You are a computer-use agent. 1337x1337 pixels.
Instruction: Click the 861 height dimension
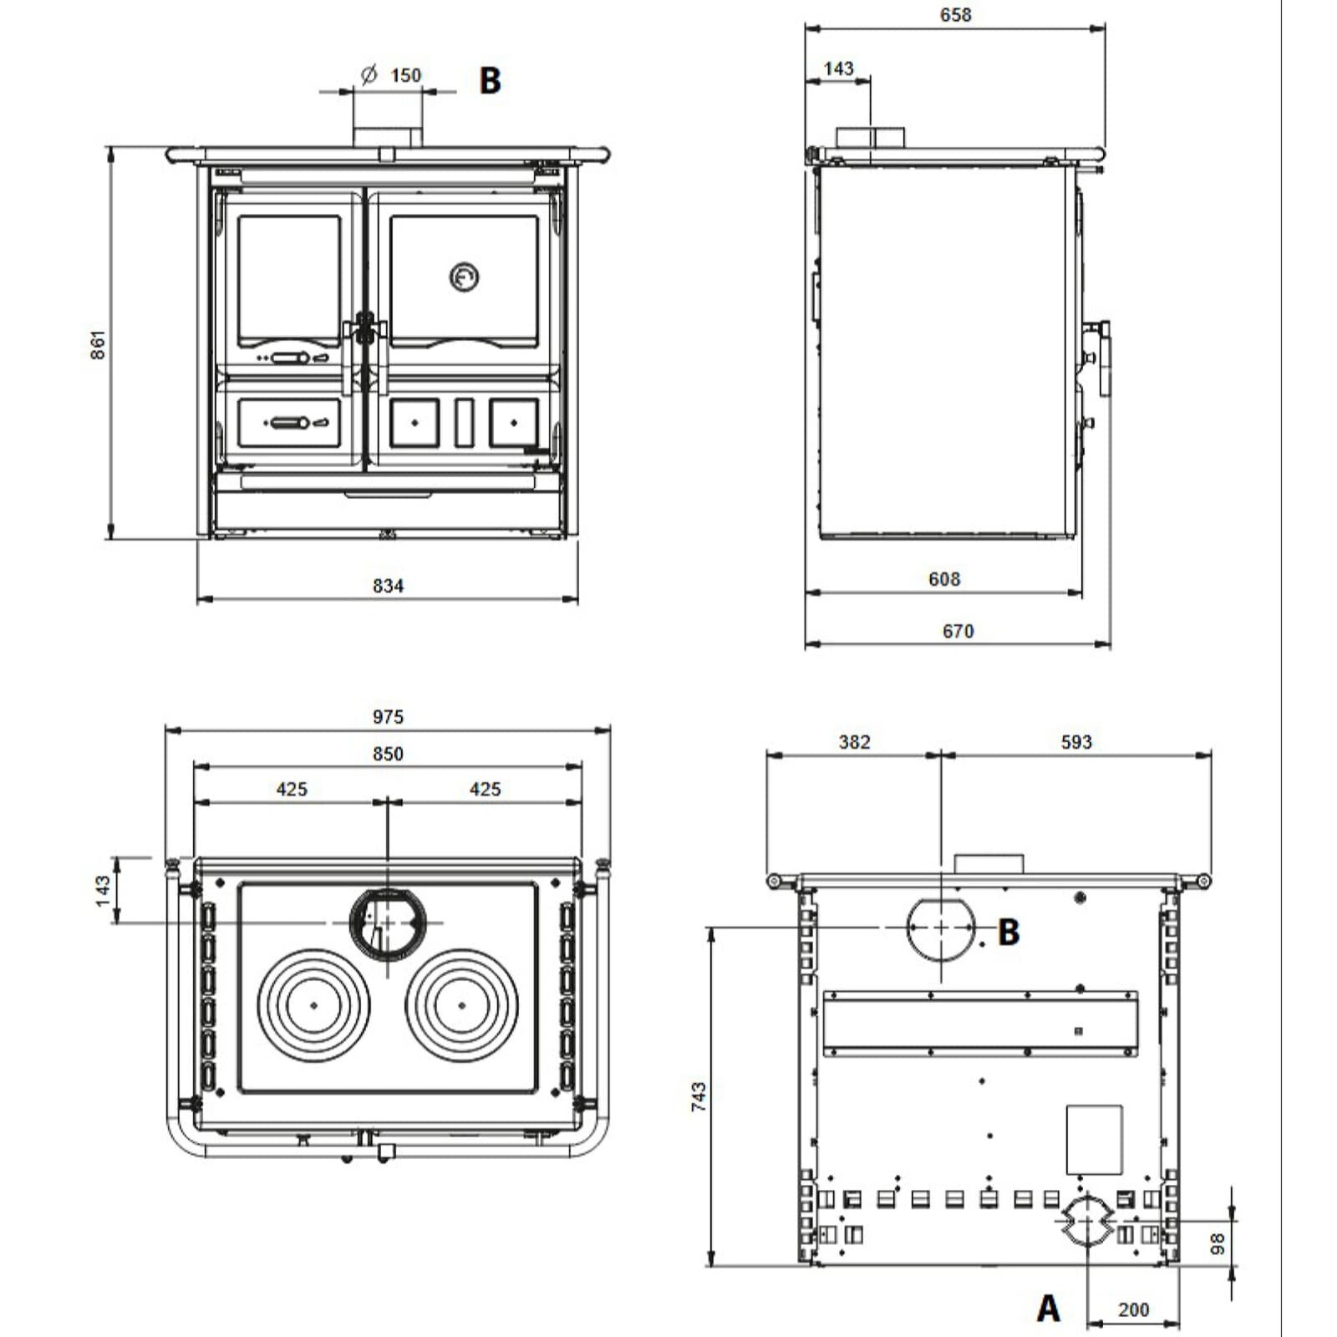tap(98, 344)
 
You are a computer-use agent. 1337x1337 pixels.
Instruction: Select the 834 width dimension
tap(388, 586)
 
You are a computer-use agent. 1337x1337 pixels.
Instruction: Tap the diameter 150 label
tap(393, 75)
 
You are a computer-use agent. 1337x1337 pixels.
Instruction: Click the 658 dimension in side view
tap(955, 15)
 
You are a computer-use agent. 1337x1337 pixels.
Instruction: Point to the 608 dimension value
tap(944, 579)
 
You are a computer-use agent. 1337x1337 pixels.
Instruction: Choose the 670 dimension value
tap(958, 631)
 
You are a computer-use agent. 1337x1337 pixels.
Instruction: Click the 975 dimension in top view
tap(388, 716)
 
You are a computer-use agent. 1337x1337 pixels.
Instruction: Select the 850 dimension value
tap(388, 754)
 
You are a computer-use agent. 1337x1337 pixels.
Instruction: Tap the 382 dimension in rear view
tap(854, 742)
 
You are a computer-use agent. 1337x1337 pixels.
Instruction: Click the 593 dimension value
tap(1076, 742)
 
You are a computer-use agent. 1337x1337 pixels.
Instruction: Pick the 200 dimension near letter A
tap(1133, 1309)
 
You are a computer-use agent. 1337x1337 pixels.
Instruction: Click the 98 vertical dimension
tap(1218, 1243)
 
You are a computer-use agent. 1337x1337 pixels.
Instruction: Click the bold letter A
tap(1048, 1308)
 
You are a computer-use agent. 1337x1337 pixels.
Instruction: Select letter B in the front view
tap(490, 80)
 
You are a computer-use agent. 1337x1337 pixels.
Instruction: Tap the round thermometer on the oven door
tap(464, 277)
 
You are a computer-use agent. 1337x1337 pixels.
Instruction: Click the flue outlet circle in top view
tap(388, 923)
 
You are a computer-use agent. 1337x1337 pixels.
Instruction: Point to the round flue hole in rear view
tap(941, 928)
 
